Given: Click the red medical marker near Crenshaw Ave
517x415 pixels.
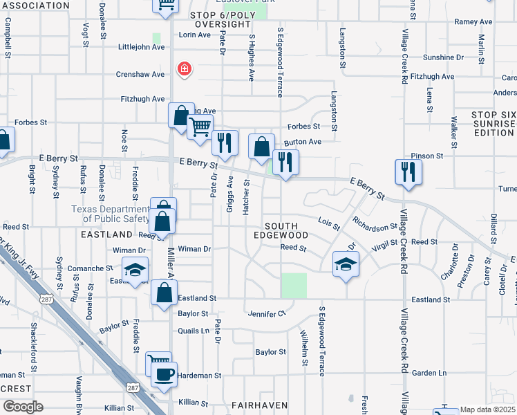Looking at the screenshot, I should (184, 68).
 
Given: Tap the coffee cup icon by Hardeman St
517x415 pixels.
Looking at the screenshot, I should (164, 375).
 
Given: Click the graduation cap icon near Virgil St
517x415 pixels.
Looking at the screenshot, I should (346, 264).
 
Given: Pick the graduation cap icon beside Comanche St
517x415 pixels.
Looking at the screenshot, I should (135, 269).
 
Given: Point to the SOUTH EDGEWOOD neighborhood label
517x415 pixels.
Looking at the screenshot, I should (281, 231).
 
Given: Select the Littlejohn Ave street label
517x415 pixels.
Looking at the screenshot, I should (141, 47).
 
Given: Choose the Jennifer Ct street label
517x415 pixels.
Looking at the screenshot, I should (267, 314).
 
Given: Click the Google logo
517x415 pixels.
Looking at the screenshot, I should (23, 407).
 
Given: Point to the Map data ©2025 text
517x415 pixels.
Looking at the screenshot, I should (488, 410).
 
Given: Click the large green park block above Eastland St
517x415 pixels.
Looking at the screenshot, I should (294, 286).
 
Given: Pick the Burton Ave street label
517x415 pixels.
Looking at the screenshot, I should (307, 142).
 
